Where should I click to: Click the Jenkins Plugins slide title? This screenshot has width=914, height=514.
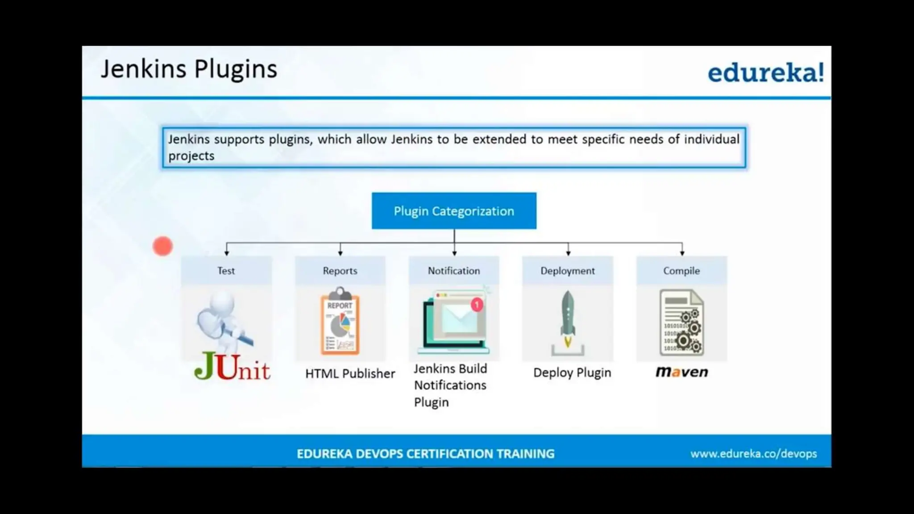189,69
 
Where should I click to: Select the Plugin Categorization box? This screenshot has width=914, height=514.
454,211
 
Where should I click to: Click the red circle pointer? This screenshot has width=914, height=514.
162,246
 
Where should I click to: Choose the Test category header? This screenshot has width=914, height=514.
226,271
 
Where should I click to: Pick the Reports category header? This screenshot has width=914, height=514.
340,271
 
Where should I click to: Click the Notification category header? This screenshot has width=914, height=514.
454,271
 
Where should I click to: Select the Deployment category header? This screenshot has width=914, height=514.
568,271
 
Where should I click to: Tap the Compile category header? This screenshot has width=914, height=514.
681,271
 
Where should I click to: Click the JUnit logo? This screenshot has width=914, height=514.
232,367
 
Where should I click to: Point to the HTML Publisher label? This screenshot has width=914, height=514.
350,373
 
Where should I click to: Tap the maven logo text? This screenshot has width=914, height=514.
681,372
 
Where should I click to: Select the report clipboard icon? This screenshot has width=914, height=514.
340,322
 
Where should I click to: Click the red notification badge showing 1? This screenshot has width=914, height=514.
477,305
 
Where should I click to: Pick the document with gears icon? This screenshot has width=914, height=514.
681,322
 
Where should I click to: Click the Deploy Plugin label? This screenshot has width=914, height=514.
572,373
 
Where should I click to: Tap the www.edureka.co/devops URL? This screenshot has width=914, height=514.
753,454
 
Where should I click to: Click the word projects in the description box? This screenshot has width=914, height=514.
191,156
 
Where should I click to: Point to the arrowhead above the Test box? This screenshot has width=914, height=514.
227,253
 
